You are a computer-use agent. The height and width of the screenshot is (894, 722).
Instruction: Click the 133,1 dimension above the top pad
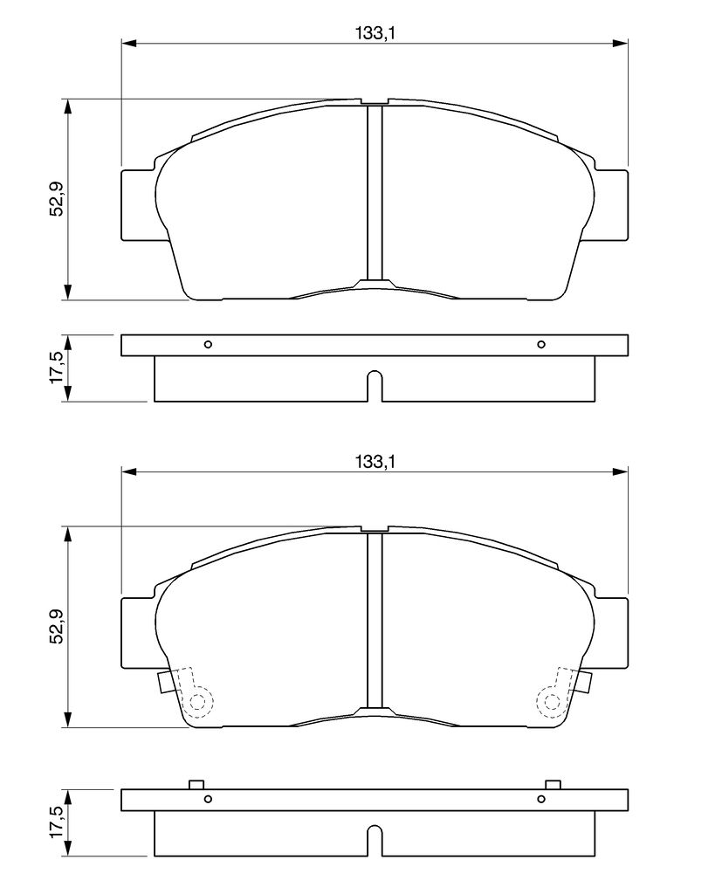375,34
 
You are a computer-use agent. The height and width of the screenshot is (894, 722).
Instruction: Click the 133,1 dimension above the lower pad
375,461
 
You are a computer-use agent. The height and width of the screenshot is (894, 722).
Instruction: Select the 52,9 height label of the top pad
56,199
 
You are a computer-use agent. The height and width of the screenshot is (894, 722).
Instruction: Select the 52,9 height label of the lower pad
56,627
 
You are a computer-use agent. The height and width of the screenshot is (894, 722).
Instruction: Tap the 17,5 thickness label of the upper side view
56,368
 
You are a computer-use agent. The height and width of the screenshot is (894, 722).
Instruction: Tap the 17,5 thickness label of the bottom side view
56,822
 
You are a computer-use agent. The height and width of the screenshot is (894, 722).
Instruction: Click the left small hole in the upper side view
208,344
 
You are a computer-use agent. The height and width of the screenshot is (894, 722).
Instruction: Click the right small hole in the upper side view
541,344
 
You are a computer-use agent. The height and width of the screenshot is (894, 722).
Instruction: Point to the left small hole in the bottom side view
208,799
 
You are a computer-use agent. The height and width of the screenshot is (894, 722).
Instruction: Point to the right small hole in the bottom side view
541,799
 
